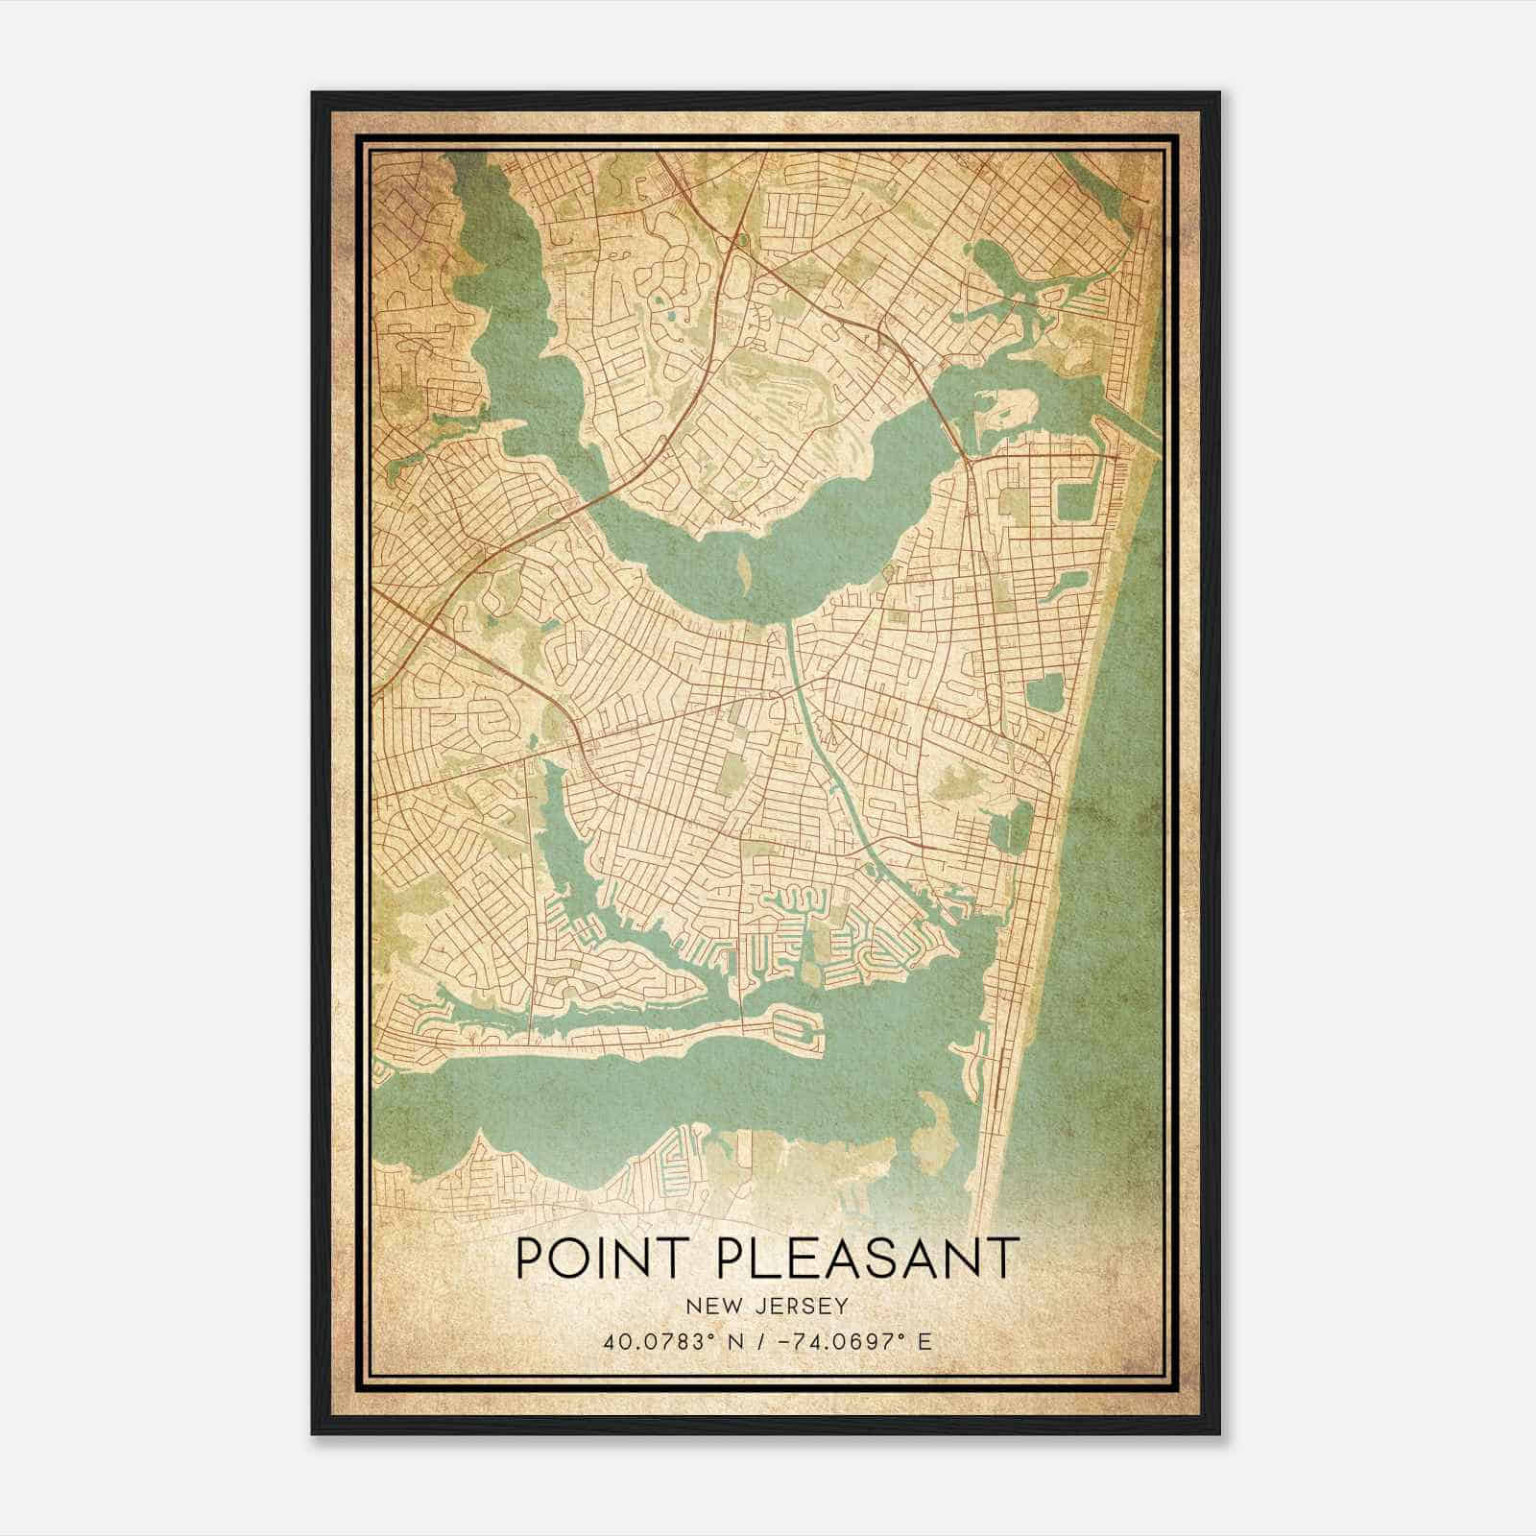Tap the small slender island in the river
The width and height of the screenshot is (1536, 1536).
pos(744,573)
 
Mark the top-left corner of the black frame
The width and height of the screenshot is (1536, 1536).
pos(312,93)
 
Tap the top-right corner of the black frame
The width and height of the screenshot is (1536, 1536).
pos(1219,93)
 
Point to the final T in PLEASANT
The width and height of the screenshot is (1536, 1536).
pos(1002,1258)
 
